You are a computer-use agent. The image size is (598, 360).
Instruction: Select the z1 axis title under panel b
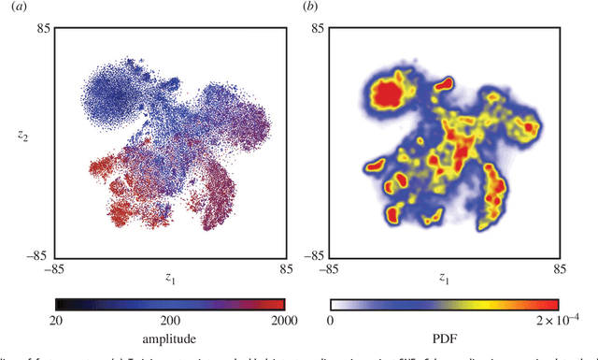click(444, 278)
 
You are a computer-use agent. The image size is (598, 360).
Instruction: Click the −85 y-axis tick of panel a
click(38, 252)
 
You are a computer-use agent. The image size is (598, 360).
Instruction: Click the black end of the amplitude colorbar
click(61, 304)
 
